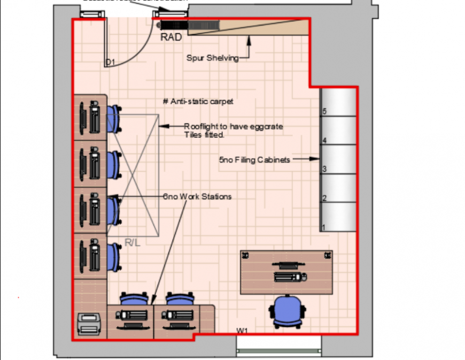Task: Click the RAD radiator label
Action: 171,37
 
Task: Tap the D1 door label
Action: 110,63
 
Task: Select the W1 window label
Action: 242,331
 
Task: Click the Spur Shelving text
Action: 212,58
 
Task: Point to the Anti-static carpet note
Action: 198,101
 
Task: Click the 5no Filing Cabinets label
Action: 254,159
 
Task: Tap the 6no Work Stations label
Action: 197,197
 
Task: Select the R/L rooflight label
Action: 132,243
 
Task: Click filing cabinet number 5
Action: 338,102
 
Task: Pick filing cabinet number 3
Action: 338,160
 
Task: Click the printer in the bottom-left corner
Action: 90,323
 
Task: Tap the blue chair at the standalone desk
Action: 288,311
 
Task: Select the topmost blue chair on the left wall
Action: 114,118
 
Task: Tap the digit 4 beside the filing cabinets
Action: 324,141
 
